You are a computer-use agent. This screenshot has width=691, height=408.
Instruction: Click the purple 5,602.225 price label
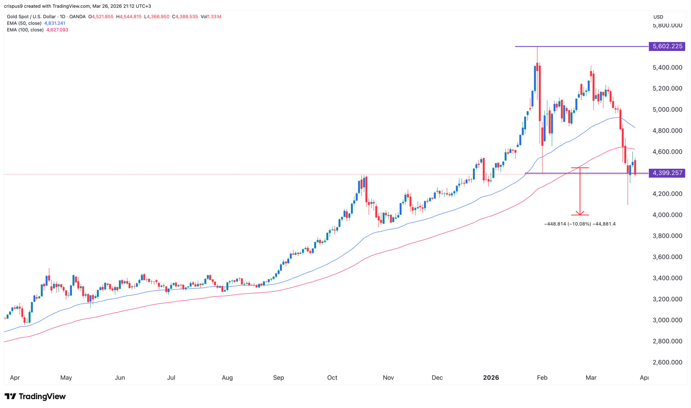667,46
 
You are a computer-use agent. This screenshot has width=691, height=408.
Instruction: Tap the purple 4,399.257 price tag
667,173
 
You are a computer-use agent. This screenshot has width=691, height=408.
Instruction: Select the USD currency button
658,17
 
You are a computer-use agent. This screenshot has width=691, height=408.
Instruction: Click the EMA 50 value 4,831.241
55,23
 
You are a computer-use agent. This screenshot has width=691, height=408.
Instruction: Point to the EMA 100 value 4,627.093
57,30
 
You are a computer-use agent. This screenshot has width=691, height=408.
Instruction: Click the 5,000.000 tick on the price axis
667,110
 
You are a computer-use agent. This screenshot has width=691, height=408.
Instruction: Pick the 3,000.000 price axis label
667,320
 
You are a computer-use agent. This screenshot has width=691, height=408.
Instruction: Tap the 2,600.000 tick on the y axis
667,362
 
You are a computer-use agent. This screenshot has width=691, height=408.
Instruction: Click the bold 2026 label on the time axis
491,378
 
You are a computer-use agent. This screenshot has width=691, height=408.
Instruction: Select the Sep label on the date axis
278,378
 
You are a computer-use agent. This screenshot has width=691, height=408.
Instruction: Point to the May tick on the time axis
66,378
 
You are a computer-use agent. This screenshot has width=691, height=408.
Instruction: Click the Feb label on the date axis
542,378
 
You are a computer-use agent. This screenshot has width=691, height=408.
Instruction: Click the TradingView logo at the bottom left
35,396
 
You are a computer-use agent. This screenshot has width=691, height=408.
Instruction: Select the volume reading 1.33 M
214,17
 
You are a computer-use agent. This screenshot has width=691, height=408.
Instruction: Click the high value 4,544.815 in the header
131,17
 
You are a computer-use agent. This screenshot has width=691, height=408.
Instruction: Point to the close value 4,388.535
186,17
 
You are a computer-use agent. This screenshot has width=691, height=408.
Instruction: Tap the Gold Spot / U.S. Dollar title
31,17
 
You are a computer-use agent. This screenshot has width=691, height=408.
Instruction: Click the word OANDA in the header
77,17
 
